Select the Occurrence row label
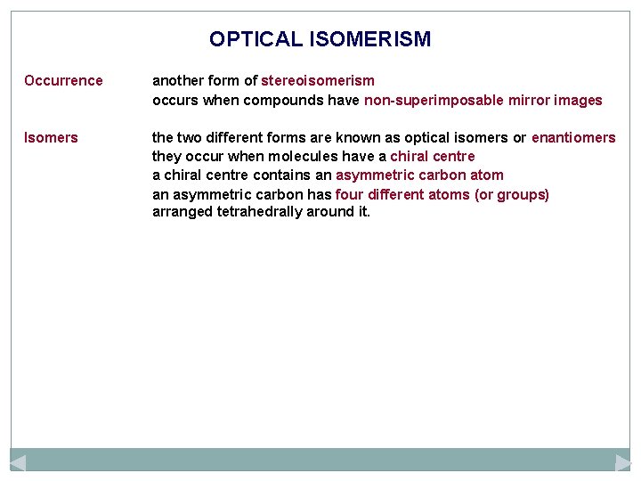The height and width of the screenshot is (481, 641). (x=63, y=81)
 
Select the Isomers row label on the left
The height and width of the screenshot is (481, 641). (x=51, y=138)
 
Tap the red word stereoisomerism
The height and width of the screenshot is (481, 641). (x=318, y=81)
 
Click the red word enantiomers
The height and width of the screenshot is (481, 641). (x=573, y=138)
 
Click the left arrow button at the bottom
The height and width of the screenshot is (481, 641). (x=18, y=462)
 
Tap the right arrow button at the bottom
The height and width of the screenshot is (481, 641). (x=622, y=462)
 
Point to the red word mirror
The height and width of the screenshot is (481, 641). (x=531, y=101)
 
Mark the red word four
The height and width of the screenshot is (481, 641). (x=349, y=194)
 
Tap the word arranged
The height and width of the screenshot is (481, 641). (x=181, y=213)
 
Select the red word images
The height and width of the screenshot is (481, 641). (x=580, y=101)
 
